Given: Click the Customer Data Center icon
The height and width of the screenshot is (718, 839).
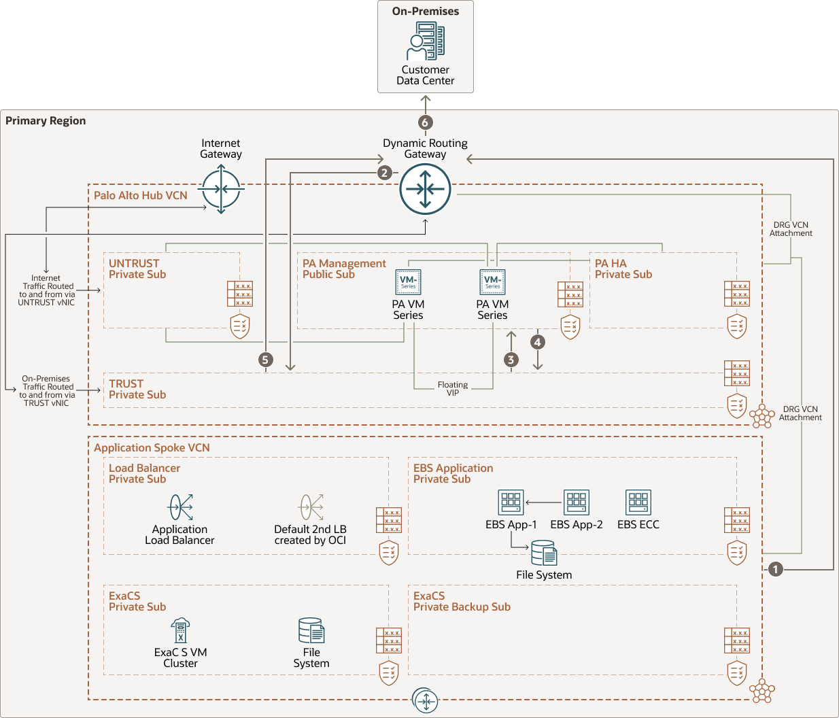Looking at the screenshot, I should point(426,41).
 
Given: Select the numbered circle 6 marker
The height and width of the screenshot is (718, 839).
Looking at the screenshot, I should point(425,122).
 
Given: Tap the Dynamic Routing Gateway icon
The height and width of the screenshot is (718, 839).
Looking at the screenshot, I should point(426,188).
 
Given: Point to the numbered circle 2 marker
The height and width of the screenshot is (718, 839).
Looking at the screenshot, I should point(385,173).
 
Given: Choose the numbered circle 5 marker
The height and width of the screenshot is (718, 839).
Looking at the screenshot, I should point(266,360).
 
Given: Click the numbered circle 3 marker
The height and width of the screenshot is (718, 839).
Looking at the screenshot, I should point(511,360).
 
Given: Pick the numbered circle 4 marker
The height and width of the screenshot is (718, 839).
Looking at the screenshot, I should point(538,342).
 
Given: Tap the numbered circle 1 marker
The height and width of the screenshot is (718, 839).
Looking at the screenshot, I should point(776,569).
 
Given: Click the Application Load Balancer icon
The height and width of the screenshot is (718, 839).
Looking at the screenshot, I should point(181,507).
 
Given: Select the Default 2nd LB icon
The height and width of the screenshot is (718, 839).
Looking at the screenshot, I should point(311,507).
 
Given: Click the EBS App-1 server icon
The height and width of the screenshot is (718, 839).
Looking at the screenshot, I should point(511,502).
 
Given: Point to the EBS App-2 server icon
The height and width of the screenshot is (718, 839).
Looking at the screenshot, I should point(577,502).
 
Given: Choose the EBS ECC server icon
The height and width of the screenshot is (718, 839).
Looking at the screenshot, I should point(638,502).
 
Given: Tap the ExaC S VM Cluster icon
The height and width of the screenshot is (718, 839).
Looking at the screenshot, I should point(180,631).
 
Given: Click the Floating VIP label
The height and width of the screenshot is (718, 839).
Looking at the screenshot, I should point(453,389).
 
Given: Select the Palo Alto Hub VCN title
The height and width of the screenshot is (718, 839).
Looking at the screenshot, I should point(141,196).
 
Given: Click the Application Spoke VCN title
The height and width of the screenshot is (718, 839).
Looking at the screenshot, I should point(152,448).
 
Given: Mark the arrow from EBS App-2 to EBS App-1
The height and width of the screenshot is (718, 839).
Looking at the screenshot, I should point(543,503).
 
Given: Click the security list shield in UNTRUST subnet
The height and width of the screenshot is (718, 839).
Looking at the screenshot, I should point(240,326).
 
